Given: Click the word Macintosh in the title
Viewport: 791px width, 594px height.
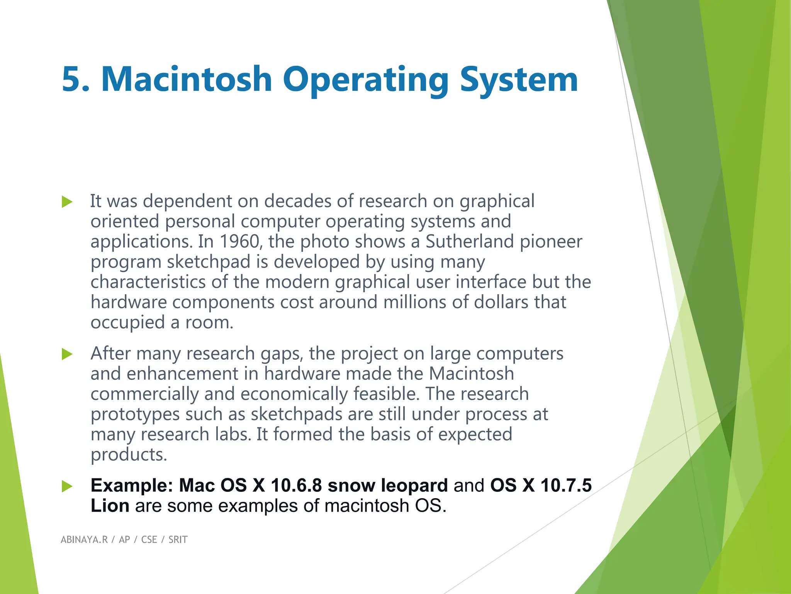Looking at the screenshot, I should click(187, 79).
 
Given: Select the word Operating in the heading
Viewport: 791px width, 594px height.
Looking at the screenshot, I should click(365, 79).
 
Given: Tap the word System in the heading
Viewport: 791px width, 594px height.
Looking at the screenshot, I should click(519, 79).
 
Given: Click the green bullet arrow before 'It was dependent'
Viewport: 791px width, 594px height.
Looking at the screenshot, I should click(67, 202).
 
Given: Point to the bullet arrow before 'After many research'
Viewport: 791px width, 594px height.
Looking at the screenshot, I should click(67, 354).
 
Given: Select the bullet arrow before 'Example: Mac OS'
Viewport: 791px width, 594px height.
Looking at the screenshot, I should click(67, 486).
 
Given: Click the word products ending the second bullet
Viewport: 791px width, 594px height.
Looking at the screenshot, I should click(129, 455).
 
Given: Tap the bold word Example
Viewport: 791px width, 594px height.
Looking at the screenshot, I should click(132, 485).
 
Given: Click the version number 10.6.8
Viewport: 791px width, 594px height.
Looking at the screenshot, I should click(296, 485).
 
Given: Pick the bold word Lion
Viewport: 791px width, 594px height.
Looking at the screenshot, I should click(110, 506).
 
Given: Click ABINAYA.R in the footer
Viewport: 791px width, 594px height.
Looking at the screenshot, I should click(84, 539).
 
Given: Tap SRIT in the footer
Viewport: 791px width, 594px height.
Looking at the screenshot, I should click(178, 539).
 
